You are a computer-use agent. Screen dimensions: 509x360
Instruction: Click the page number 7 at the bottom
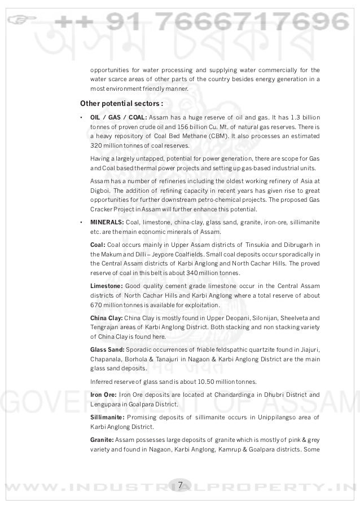pyautogui.click(x=180, y=485)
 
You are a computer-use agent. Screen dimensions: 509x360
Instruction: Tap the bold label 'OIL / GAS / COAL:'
pyautogui.click(x=118, y=117)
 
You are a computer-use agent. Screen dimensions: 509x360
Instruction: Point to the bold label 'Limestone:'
pyautogui.click(x=106, y=286)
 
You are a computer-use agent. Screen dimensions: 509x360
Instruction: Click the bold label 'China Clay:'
pyautogui.click(x=106, y=317)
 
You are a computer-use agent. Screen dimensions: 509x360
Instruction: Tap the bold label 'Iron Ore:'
pyautogui.click(x=103, y=394)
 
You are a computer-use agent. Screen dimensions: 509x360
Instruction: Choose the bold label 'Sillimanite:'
pyautogui.click(x=108, y=417)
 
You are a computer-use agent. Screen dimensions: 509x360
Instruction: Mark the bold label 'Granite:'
pyautogui.click(x=102, y=439)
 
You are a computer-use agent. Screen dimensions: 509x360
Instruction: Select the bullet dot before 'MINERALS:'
pyautogui.click(x=82, y=222)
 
